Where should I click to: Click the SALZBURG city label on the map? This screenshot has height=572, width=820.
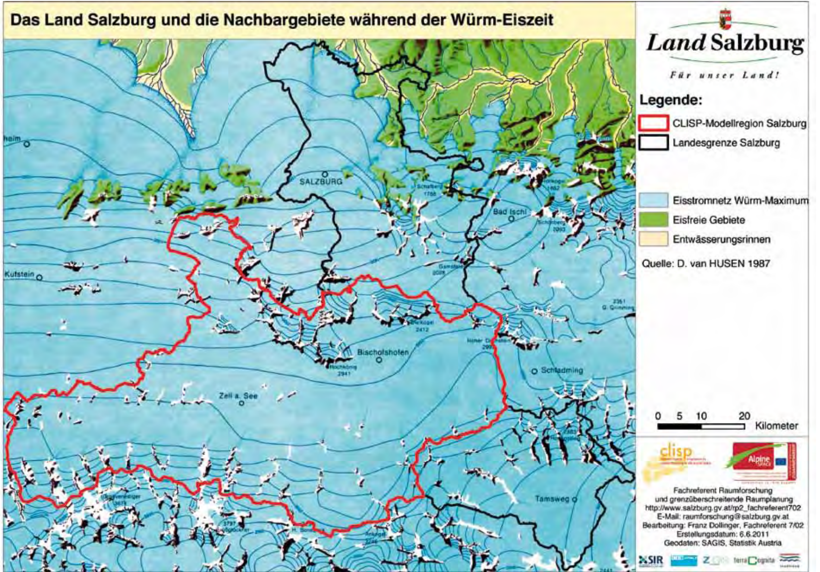click(x=321, y=182)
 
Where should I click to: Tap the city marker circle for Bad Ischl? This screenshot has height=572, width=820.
click(x=511, y=219)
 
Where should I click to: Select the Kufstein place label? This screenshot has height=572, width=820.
click(x=19, y=275)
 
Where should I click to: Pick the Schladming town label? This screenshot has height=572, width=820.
click(x=561, y=370)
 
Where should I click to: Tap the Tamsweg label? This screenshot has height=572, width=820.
click(x=552, y=499)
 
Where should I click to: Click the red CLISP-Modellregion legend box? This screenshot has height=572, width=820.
click(x=653, y=123)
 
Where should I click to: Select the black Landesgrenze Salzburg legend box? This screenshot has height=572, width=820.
click(x=653, y=143)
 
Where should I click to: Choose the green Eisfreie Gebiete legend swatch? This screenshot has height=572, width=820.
click(x=653, y=220)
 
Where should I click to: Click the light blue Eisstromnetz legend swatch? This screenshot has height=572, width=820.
click(x=653, y=200)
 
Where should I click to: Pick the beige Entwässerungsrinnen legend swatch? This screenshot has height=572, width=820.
click(x=653, y=239)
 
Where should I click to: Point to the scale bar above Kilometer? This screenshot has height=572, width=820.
click(x=701, y=426)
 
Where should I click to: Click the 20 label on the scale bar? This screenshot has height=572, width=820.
click(x=744, y=416)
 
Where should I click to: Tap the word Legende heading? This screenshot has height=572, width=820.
click(x=670, y=101)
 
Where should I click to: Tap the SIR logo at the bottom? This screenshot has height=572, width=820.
click(x=651, y=560)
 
